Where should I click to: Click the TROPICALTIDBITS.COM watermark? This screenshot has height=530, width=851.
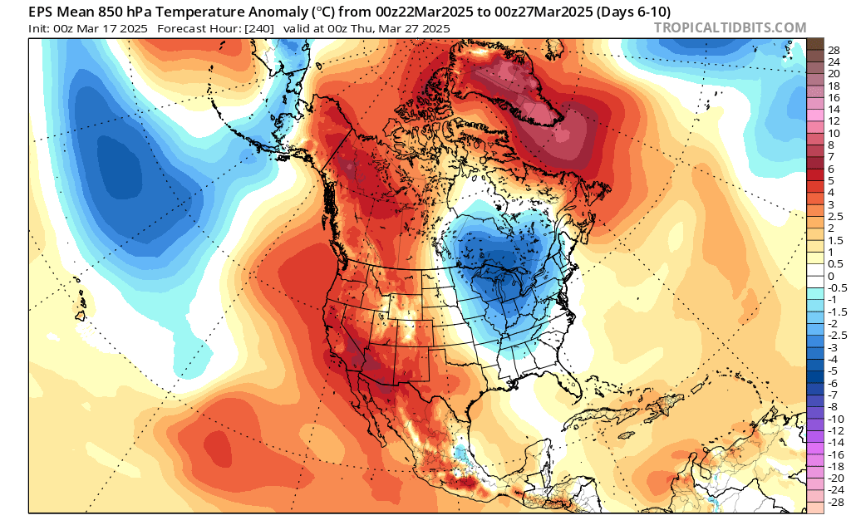(730, 27)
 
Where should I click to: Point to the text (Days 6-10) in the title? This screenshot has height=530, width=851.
(627, 11)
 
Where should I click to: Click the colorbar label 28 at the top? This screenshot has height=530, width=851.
(834, 51)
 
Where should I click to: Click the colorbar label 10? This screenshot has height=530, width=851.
(834, 133)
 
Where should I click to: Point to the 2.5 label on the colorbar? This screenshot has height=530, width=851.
(834, 216)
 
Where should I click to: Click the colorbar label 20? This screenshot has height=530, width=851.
(834, 74)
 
